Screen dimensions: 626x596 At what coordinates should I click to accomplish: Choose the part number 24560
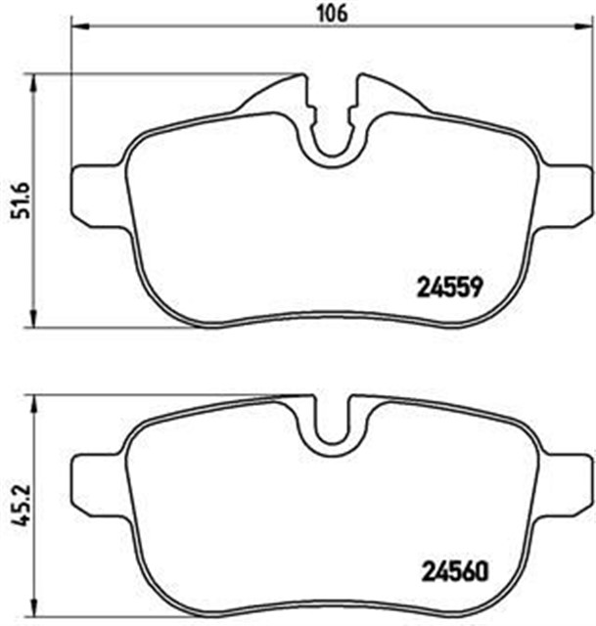(453, 569)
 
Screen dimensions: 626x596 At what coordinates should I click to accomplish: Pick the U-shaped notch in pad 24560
(333, 430)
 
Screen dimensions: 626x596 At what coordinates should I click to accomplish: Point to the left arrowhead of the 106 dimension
(76, 29)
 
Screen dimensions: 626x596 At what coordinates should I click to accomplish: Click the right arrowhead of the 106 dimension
(587, 29)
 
